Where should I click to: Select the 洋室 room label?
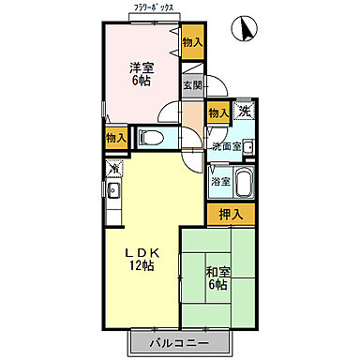140,67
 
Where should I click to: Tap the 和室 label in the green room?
217,273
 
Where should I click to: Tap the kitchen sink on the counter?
113,193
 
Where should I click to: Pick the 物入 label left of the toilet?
115,137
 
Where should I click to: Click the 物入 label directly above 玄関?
191,41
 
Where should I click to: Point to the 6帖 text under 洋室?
140,81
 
